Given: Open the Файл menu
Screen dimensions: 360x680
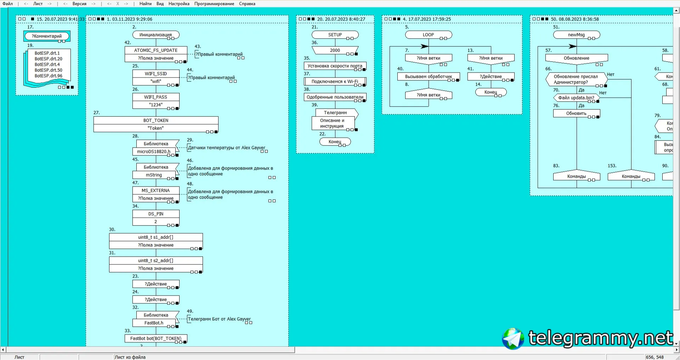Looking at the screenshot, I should click(x=7, y=4).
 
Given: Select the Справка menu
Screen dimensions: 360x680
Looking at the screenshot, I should click(x=247, y=4).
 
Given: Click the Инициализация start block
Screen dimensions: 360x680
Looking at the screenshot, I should click(x=155, y=35).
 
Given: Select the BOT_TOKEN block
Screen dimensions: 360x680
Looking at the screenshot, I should click(x=156, y=120).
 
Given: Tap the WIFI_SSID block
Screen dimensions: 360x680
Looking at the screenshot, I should click(x=156, y=74).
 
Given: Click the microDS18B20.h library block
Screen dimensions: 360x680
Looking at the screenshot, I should click(x=154, y=152).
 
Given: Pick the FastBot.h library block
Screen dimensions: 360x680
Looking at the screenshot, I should click(x=154, y=323).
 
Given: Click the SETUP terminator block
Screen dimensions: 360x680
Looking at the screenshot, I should click(x=335, y=35).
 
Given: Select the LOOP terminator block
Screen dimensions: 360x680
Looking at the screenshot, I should click(x=428, y=35).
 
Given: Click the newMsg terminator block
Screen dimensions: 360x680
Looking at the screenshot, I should click(x=576, y=35).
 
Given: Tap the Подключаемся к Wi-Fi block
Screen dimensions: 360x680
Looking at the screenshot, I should click(x=335, y=81).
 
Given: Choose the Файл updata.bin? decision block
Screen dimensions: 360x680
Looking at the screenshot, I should click(x=576, y=98).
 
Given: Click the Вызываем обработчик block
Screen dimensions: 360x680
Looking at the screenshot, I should click(x=428, y=76).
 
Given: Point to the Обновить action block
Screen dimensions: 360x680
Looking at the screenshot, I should click(x=576, y=113).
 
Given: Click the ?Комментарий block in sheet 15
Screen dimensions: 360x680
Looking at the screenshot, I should click(x=47, y=36).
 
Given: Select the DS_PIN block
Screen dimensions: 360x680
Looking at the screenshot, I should click(x=156, y=214).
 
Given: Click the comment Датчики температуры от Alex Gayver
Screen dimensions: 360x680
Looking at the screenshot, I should click(x=226, y=148).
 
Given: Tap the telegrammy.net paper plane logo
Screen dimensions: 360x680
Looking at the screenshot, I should click(x=512, y=338).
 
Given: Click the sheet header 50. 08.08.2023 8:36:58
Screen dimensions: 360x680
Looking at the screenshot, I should click(x=574, y=19).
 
